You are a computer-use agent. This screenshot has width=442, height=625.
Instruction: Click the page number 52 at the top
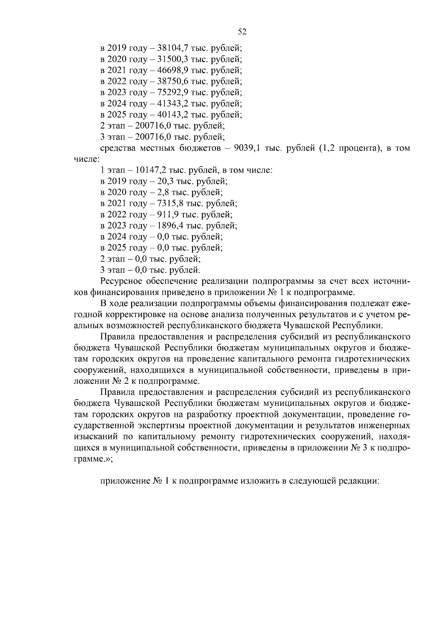(x=242, y=32)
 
